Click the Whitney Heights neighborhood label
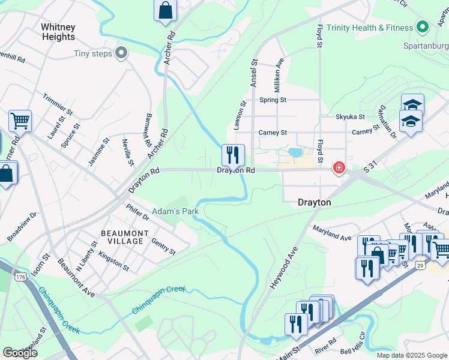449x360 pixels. click(x=58, y=32)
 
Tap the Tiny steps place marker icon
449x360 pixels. click(x=122, y=54)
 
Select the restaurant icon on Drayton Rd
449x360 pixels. click(x=233, y=155)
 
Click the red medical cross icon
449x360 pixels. click(x=339, y=167)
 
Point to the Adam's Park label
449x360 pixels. click(x=175, y=211)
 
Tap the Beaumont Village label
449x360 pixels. click(x=122, y=237)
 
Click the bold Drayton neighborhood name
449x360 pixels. click(x=315, y=203)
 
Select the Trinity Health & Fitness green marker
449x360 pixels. click(x=423, y=28)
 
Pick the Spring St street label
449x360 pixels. click(x=273, y=100)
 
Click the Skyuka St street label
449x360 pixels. click(x=351, y=116)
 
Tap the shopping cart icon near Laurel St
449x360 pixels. click(x=20, y=121)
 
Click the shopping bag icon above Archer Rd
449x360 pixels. click(x=166, y=11)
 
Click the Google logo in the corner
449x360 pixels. click(x=20, y=353)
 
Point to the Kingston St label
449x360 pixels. click(x=113, y=261)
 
